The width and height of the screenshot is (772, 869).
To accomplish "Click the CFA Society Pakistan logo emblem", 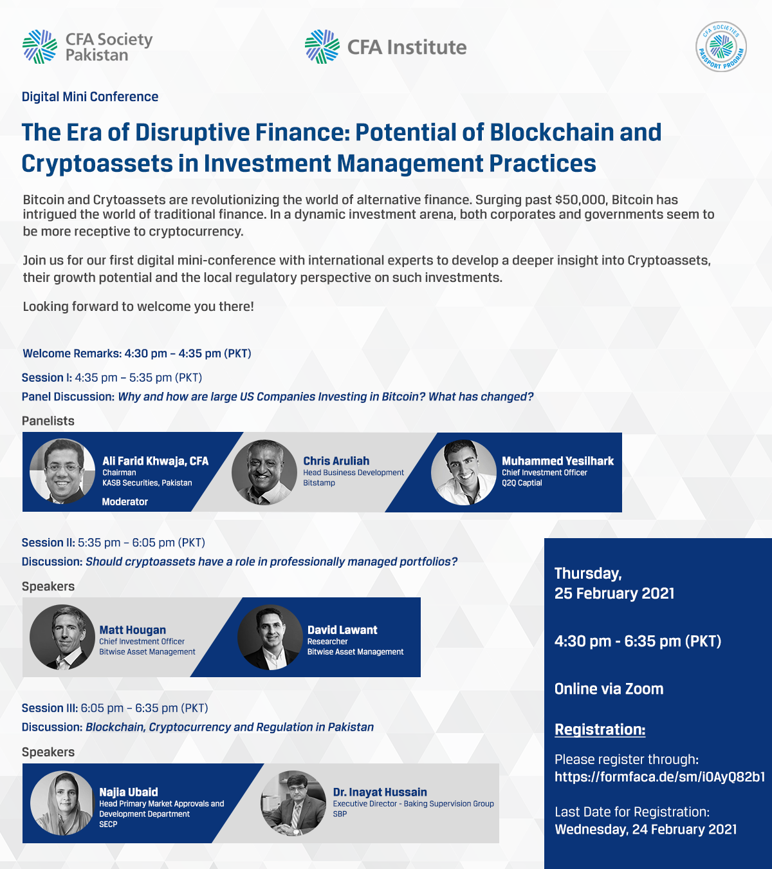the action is point(40,47).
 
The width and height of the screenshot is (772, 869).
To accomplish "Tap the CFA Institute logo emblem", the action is point(322,47).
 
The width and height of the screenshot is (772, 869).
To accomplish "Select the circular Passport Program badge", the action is point(721,46).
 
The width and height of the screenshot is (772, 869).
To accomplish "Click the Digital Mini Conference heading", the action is point(90,97).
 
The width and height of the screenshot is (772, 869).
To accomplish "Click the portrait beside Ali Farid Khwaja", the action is point(62,471).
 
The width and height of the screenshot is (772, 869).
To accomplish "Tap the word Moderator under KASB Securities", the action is point(125,501).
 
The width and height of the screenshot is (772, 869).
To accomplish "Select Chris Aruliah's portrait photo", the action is point(264,472).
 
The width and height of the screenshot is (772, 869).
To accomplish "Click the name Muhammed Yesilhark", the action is point(558,461).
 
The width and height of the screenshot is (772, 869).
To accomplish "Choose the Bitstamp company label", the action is point(319,483).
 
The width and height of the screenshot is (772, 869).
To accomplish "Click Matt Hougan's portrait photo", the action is point(62,637).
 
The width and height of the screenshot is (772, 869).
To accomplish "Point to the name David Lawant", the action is point(342,630).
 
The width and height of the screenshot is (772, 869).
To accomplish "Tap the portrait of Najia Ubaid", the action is point(62,803).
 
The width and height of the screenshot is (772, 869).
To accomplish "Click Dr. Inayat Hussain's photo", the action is point(293,803).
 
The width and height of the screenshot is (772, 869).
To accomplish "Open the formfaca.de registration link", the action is point(659,777).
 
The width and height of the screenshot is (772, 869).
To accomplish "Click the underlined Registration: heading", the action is point(600,729).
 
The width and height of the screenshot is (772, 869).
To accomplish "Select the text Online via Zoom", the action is point(609,689).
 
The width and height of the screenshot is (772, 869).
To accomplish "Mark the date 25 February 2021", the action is point(614,593).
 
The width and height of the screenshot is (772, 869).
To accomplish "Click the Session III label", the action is point(50,707).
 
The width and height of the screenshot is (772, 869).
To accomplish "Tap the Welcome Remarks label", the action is point(72,353).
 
